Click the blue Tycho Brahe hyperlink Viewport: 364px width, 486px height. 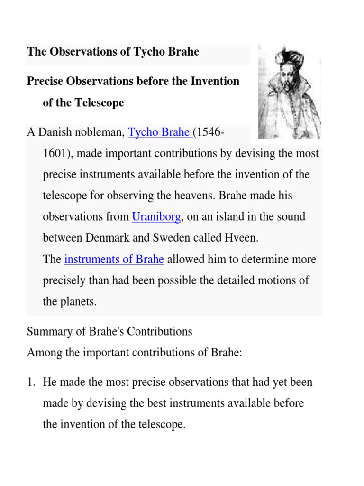click(x=159, y=132)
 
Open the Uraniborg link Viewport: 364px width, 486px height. click(x=156, y=217)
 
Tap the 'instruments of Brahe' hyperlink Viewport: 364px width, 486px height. click(x=114, y=260)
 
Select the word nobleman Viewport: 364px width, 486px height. click(x=100, y=132)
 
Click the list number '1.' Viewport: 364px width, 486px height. click(x=31, y=382)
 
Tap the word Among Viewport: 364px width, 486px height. click(x=43, y=353)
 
